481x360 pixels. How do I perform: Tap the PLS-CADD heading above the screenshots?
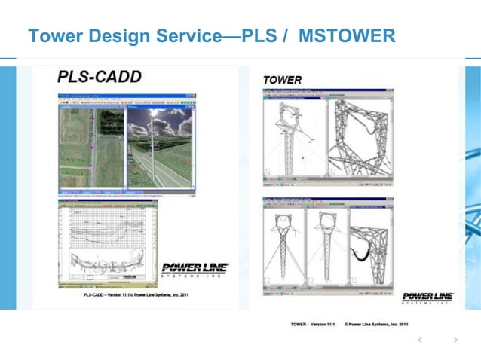(99, 76)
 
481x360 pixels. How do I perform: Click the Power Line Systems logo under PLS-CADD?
(195, 270)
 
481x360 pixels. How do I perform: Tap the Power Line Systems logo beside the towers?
(427, 297)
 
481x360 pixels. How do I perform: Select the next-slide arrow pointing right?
(455, 340)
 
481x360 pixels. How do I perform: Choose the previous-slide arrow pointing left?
(420, 340)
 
